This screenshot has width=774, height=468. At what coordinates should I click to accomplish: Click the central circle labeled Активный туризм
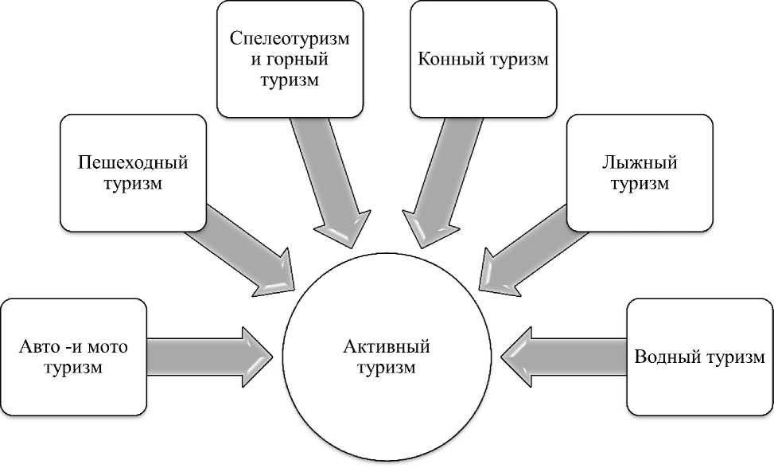point(387,358)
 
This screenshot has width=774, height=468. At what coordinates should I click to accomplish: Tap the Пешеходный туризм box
point(132,173)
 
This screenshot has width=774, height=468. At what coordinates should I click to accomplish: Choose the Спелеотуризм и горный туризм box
point(290,57)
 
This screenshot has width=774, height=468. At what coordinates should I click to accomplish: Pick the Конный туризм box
point(483,57)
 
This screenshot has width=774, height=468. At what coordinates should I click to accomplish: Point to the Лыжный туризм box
point(640,173)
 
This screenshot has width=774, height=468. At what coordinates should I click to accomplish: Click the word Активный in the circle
point(387,348)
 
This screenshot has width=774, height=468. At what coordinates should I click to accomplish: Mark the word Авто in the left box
point(37,348)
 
